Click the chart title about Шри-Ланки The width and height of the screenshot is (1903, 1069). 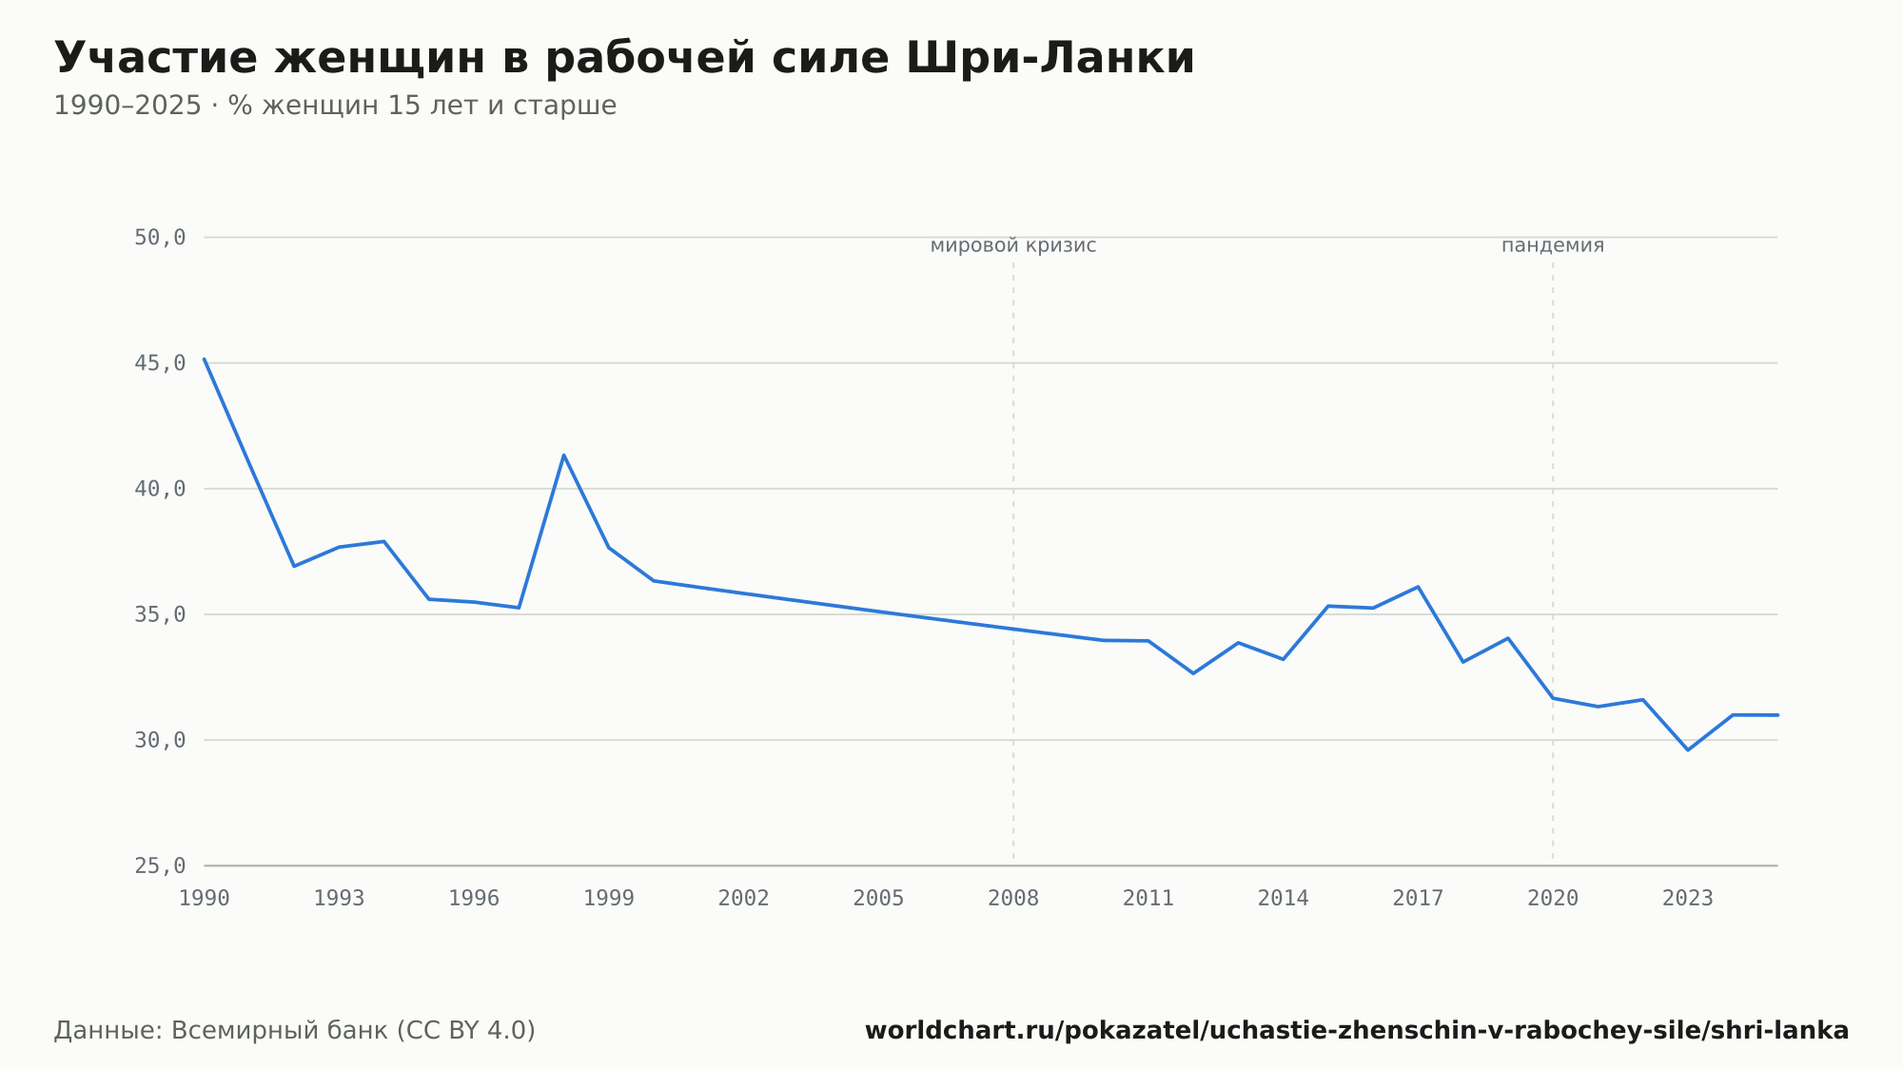tap(624, 58)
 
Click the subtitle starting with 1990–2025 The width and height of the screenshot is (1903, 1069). tap(335, 106)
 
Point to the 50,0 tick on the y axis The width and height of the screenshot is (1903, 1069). tap(160, 238)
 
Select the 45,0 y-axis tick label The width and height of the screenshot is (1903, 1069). tap(160, 363)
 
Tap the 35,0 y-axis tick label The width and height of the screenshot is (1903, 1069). tap(160, 614)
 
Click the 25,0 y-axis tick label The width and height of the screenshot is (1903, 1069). tap(160, 865)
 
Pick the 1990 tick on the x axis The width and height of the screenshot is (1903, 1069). tap(205, 899)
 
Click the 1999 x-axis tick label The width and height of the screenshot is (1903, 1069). tap(609, 899)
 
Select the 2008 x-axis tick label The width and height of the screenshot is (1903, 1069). tap(1013, 899)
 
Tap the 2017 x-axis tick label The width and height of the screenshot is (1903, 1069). tap(1418, 899)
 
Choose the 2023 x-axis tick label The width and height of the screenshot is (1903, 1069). tap(1688, 899)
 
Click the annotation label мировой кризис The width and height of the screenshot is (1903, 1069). tap(1013, 246)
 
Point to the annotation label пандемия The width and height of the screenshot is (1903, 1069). tap(1553, 246)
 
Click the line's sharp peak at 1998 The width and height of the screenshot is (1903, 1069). tap(563, 456)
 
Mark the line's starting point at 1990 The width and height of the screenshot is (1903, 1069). tap(205, 360)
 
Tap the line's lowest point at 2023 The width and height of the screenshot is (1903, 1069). tap(1688, 749)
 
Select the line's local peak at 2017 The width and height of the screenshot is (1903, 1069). tap(1418, 587)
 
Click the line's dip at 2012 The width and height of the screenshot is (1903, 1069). tap(1193, 673)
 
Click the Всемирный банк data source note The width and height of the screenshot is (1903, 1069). tap(295, 1031)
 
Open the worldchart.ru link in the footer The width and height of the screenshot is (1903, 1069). tap(1357, 1031)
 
